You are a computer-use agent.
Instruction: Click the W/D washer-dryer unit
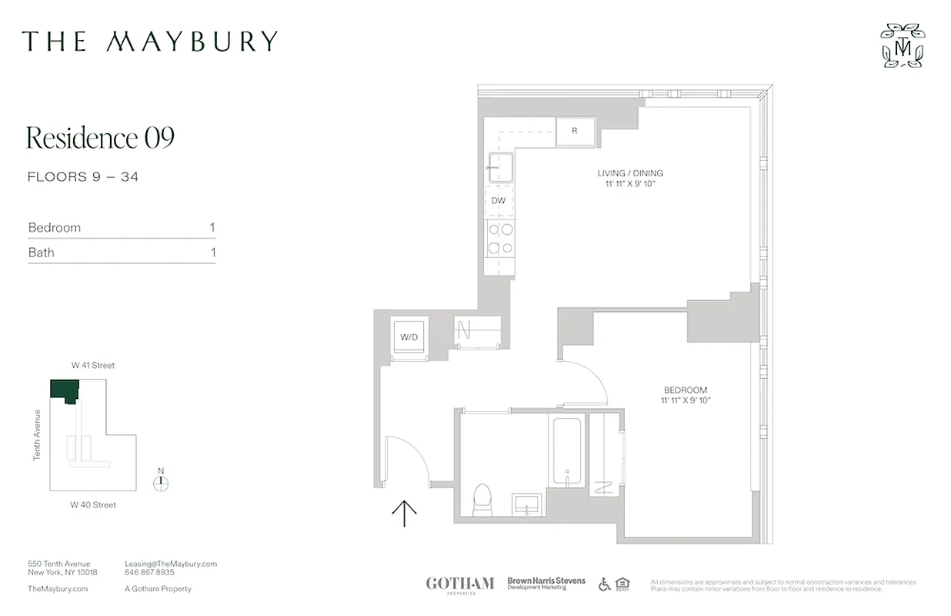coord(408,337)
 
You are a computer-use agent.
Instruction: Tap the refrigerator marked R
coord(574,131)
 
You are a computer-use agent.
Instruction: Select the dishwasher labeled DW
coord(499,201)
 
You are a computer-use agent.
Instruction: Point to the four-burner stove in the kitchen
coord(499,238)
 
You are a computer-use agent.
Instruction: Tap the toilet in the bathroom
coord(482,499)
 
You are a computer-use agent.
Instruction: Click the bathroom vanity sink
coord(528,504)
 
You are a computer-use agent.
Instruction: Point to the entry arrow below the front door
coord(404,513)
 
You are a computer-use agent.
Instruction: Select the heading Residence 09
coord(101,138)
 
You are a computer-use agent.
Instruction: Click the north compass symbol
coord(161,483)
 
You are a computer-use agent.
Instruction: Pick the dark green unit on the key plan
coord(64,390)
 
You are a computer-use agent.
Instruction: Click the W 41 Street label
coord(93,366)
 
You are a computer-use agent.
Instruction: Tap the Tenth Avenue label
coord(37,435)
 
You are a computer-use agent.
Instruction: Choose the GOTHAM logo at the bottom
coord(460,584)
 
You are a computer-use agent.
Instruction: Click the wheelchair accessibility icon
coord(605,584)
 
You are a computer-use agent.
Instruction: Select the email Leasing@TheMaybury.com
coord(171,564)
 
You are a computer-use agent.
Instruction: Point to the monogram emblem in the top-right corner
coord(903,45)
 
